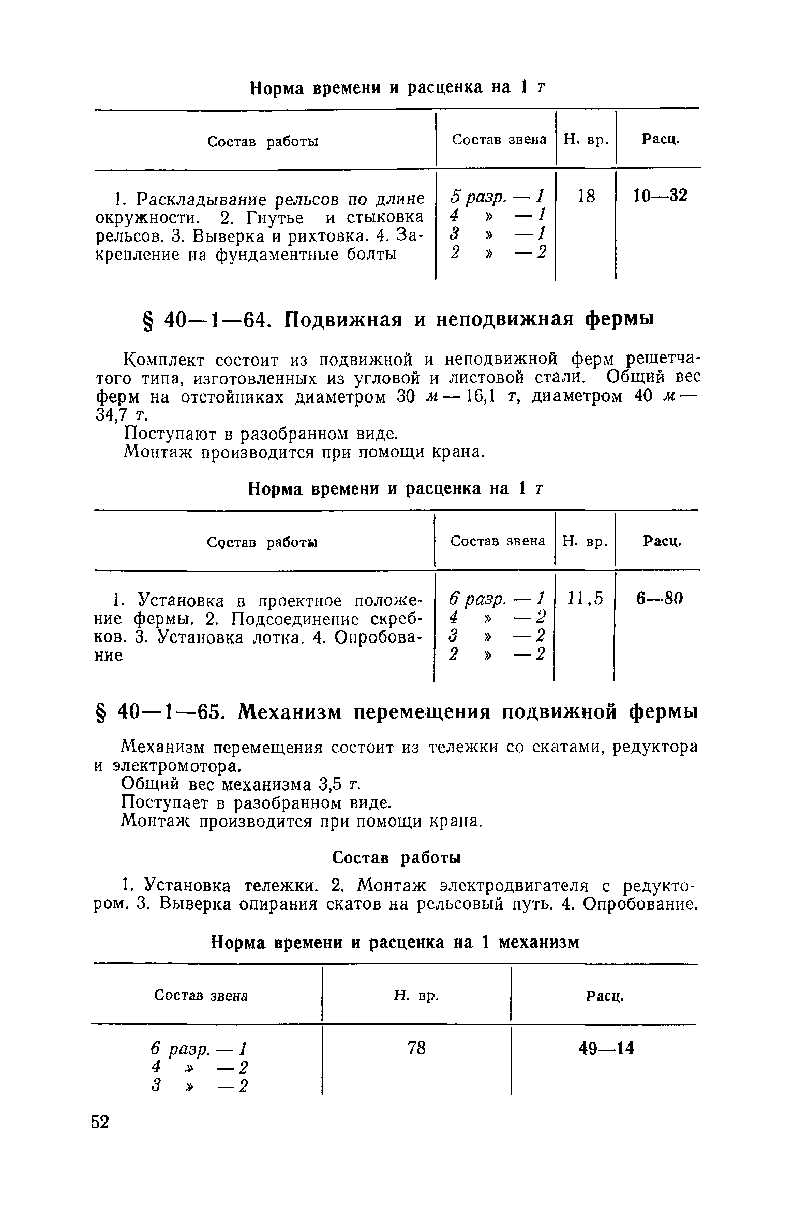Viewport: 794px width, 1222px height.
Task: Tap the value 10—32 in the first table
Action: tap(660, 196)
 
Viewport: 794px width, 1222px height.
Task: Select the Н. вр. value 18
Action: tap(586, 196)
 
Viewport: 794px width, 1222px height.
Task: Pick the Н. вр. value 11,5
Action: tap(585, 599)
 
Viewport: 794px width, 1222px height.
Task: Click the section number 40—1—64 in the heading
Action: tap(218, 320)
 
